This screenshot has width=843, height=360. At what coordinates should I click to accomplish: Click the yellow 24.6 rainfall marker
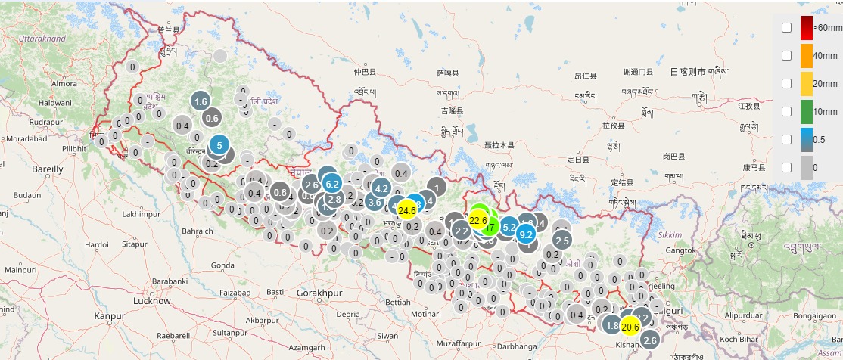pyautogui.click(x=407, y=210)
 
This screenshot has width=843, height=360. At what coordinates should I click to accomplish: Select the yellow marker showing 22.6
pyautogui.click(x=478, y=220)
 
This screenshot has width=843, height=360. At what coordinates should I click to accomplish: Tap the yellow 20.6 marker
pyautogui.click(x=630, y=326)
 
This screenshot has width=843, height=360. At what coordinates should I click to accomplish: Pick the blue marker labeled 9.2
pyautogui.click(x=527, y=234)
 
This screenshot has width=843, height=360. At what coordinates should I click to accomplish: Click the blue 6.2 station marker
pyautogui.click(x=331, y=183)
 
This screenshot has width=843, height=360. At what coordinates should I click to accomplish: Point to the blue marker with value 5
pyautogui.click(x=219, y=145)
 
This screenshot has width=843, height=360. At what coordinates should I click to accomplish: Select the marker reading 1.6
pyautogui.click(x=201, y=101)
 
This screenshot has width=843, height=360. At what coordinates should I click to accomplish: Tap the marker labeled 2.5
pyautogui.click(x=562, y=241)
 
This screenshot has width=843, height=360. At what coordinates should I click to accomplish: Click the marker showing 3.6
pyautogui.click(x=375, y=202)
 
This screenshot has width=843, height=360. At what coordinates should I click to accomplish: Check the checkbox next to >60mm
pyautogui.click(x=787, y=27)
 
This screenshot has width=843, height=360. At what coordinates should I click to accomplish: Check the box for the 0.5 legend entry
pyautogui.click(x=787, y=139)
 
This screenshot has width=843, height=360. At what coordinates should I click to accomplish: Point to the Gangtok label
pyautogui.click(x=680, y=250)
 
